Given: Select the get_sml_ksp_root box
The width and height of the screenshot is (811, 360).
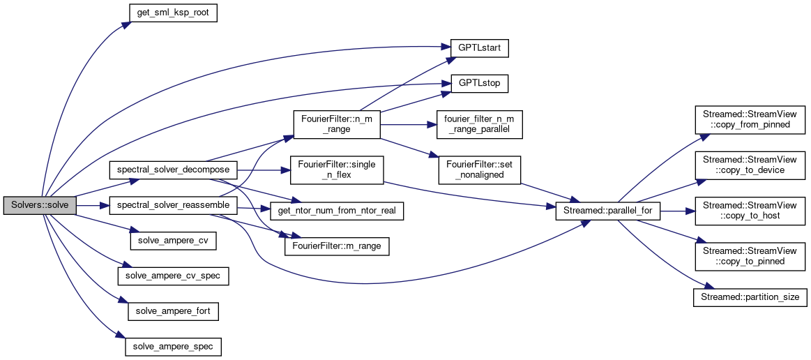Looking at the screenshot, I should [x=172, y=13].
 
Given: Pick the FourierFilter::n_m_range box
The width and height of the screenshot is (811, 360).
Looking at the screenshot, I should [x=336, y=123].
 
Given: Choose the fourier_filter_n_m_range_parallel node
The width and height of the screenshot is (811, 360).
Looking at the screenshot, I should [x=479, y=123].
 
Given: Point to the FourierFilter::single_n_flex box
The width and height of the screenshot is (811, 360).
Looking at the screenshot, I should [x=336, y=170].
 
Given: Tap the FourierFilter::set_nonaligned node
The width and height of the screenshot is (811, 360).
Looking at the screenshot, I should [x=479, y=170].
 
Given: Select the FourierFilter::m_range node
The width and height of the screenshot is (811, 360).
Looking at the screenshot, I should [x=337, y=245].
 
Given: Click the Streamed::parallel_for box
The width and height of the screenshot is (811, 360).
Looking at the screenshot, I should [x=607, y=210].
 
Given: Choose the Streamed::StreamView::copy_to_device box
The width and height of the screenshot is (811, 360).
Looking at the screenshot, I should [x=750, y=165].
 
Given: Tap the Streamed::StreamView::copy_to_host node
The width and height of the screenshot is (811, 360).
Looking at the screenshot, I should [x=750, y=210].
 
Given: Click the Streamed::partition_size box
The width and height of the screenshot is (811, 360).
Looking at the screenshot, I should [x=750, y=297].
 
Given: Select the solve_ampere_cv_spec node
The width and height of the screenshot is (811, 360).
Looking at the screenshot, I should [x=173, y=276].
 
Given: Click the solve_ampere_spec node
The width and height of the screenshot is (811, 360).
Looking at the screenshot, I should [x=173, y=345].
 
